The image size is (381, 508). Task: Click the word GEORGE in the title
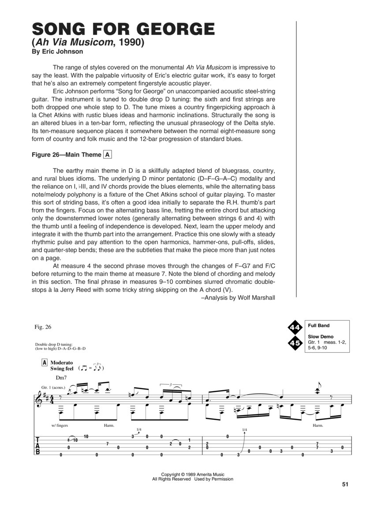(x=173, y=29)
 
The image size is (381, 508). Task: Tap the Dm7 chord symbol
(x=61, y=378)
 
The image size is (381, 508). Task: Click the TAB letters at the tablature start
(x=37, y=445)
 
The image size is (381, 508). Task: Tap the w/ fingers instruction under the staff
(x=60, y=426)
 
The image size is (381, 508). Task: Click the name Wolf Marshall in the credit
(x=257, y=298)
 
